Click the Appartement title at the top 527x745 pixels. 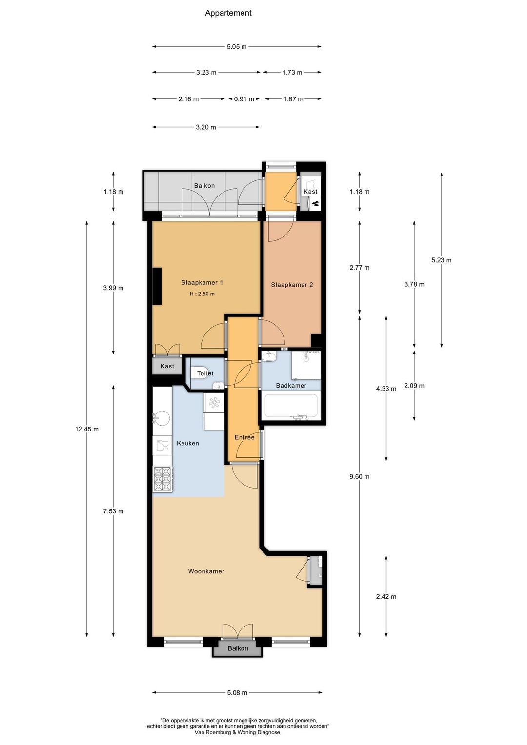228,13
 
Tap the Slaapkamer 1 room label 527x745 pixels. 202,282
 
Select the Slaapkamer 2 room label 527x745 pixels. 292,285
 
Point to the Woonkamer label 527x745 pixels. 206,571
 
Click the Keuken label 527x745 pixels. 188,443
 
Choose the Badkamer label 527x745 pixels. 291,386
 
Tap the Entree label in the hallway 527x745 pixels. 244,437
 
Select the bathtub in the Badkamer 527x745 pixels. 291,406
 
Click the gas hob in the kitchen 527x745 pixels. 162,479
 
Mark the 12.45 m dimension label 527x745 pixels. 86,429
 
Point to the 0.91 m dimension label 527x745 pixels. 244,99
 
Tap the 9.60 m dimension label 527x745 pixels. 360,477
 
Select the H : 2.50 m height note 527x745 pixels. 202,294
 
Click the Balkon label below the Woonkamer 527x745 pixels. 238,648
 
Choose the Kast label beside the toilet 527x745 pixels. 167,366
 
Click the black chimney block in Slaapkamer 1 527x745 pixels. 157,286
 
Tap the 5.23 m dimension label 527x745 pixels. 442,260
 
